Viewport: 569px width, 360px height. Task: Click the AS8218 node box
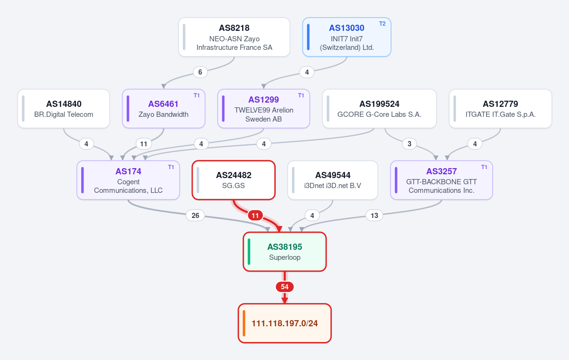point(234,37)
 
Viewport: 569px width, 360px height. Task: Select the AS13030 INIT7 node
point(346,37)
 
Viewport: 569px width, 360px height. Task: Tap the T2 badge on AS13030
point(382,24)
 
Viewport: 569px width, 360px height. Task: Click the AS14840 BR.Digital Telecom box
point(64,109)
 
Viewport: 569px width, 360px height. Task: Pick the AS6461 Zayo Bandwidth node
point(164,109)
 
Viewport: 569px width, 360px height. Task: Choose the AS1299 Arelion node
point(263,109)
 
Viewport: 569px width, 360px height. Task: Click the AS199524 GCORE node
point(379,109)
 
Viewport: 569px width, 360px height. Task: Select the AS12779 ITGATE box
point(500,109)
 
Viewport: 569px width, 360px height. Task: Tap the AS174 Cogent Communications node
point(128,180)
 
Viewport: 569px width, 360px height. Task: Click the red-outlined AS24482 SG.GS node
point(233,180)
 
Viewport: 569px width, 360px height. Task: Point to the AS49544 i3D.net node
point(333,180)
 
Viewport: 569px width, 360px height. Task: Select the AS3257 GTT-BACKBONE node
point(441,180)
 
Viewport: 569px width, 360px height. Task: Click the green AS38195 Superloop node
point(285,252)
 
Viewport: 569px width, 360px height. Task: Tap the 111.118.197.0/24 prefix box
point(285,323)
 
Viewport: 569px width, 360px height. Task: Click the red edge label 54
point(285,287)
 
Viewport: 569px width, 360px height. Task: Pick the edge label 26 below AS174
point(195,216)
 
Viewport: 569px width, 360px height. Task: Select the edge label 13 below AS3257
point(374,216)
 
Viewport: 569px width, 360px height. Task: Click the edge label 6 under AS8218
point(200,72)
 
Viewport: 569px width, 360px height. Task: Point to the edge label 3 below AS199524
point(410,144)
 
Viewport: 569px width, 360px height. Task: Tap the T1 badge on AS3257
point(484,167)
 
